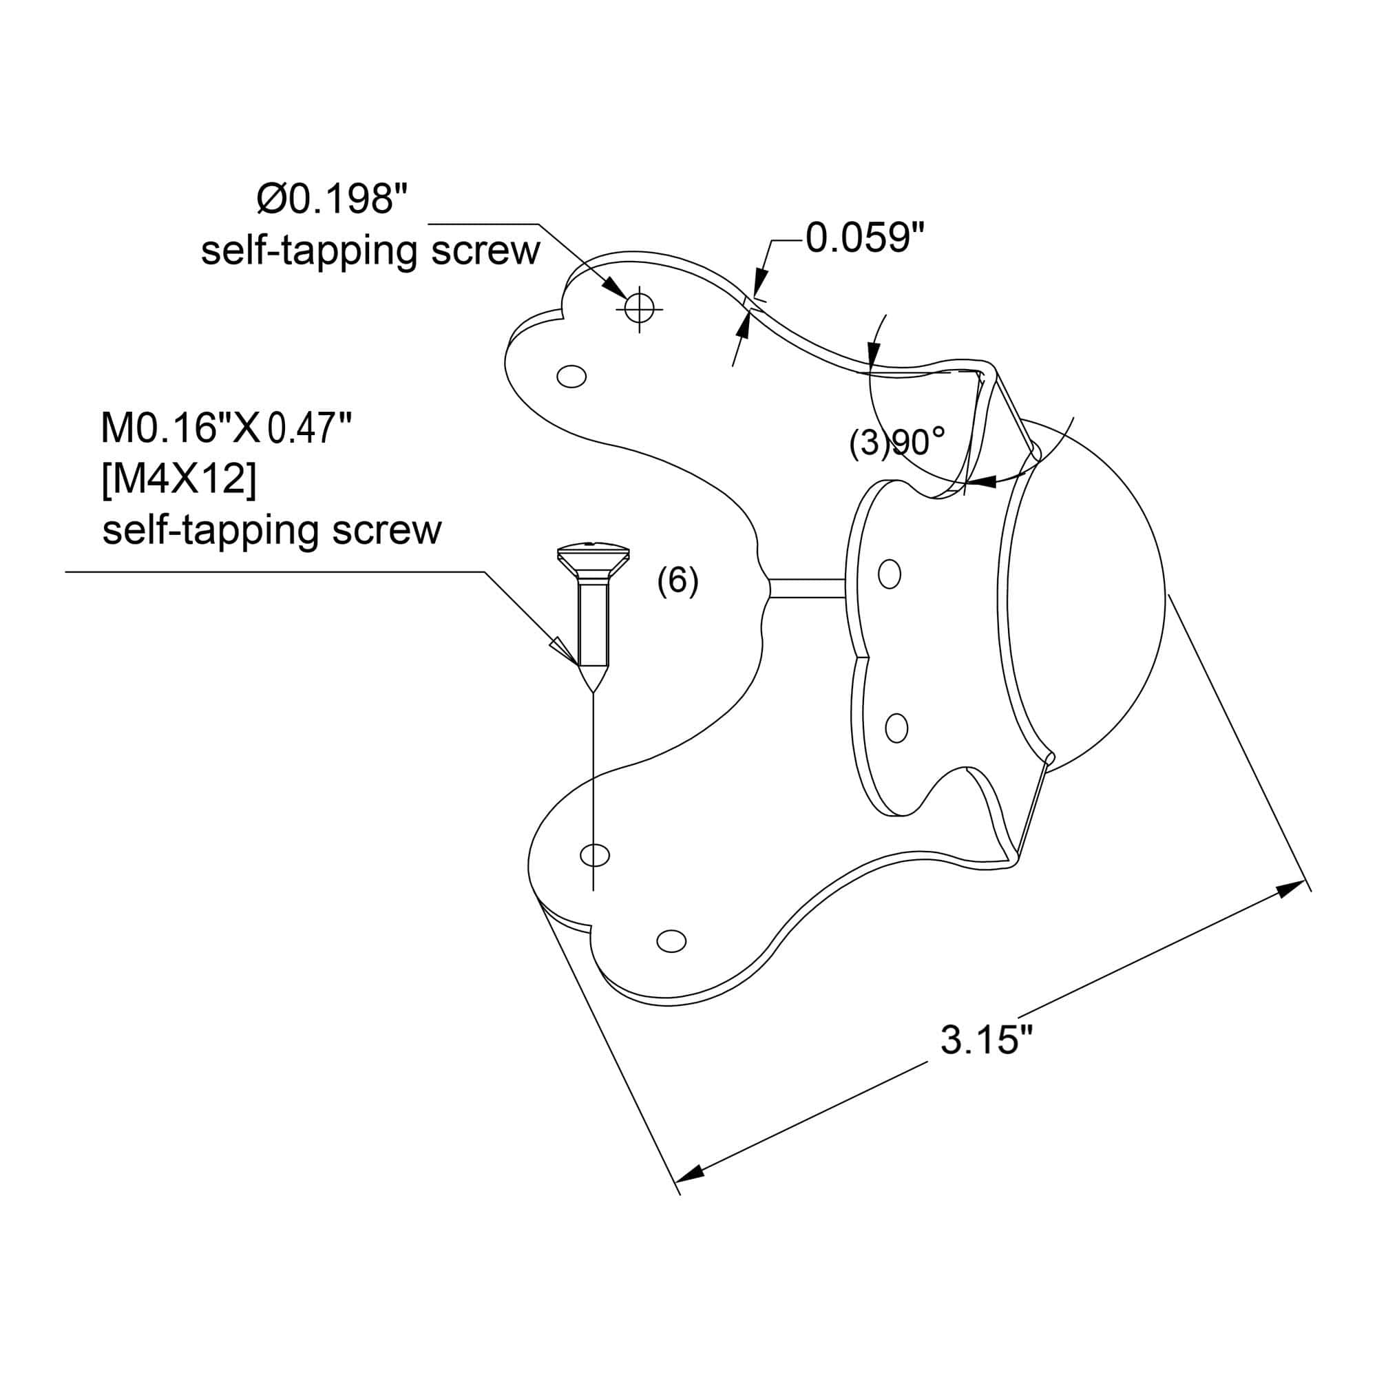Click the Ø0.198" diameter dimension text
point(333,199)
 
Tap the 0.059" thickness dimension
point(865,238)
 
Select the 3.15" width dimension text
point(986,1040)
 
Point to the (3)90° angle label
point(897,443)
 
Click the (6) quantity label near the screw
point(677,582)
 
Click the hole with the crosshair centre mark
point(640,308)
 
